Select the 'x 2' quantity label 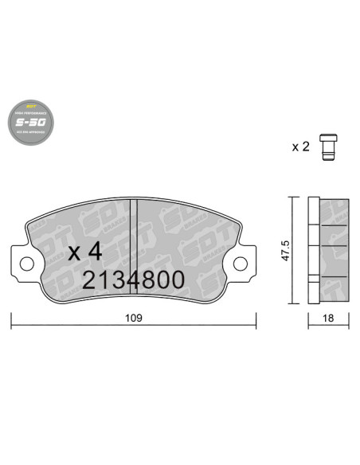pos(300,147)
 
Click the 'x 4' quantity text pos(85,252)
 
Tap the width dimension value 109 pos(133,318)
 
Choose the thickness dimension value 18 pos(328,318)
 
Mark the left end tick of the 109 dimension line pos(11,319)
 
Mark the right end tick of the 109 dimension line pos(256,319)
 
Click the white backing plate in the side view pos(313,249)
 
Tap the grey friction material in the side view pos(334,249)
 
